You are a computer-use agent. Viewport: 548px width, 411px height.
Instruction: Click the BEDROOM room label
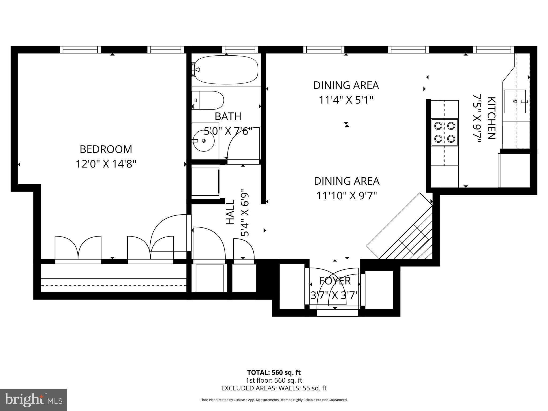(x=106, y=149)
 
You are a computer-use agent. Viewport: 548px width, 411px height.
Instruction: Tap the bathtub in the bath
(x=226, y=70)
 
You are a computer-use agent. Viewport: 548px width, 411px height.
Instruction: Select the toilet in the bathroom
(x=208, y=100)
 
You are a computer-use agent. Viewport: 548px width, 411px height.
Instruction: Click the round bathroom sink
(x=204, y=141)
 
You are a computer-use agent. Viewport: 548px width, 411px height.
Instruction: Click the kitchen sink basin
(x=515, y=101)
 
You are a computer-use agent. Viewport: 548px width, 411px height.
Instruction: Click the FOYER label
(x=335, y=281)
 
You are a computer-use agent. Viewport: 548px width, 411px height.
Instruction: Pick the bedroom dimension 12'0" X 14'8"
(x=106, y=164)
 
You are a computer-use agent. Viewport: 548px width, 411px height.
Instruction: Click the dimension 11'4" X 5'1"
(x=346, y=100)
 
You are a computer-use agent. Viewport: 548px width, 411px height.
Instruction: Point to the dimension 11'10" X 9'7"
(x=347, y=196)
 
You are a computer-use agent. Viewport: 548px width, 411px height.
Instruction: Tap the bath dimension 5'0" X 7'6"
(x=228, y=131)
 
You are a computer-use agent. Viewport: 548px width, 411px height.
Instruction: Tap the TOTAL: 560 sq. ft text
(x=274, y=372)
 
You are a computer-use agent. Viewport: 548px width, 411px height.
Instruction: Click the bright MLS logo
(x=33, y=400)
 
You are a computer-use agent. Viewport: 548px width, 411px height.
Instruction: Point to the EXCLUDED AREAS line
(x=274, y=388)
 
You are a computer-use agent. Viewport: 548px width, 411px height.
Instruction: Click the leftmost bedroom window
(x=80, y=50)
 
